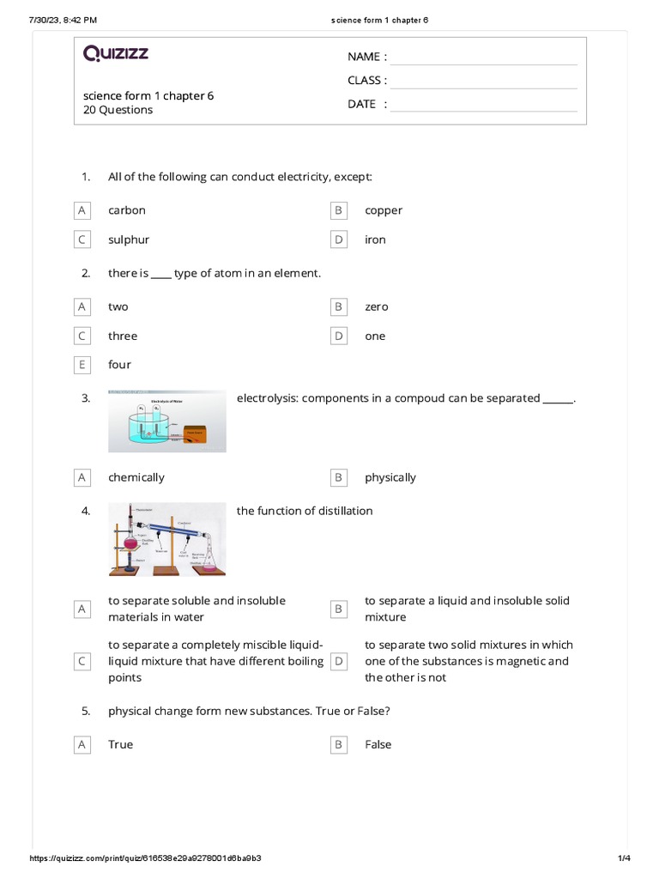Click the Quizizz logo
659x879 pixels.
(116, 54)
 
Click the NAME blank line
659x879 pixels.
(483, 58)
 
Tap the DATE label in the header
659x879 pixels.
(361, 104)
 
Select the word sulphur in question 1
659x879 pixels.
(129, 239)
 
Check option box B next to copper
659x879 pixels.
(339, 210)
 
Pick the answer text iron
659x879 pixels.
(375, 239)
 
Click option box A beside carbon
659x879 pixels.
(82, 210)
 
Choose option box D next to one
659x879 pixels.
(339, 336)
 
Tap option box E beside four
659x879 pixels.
(82, 365)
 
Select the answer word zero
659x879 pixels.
(377, 306)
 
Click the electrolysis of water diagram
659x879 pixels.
(167, 421)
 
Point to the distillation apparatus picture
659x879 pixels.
(167, 539)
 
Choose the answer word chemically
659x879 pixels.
(136, 477)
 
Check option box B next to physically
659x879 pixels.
(339, 477)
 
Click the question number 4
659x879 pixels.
(86, 511)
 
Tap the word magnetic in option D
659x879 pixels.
(523, 661)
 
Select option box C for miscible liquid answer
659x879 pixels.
(82, 661)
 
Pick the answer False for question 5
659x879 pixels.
(378, 744)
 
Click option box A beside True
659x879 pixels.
(82, 744)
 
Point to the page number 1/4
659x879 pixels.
(624, 858)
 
